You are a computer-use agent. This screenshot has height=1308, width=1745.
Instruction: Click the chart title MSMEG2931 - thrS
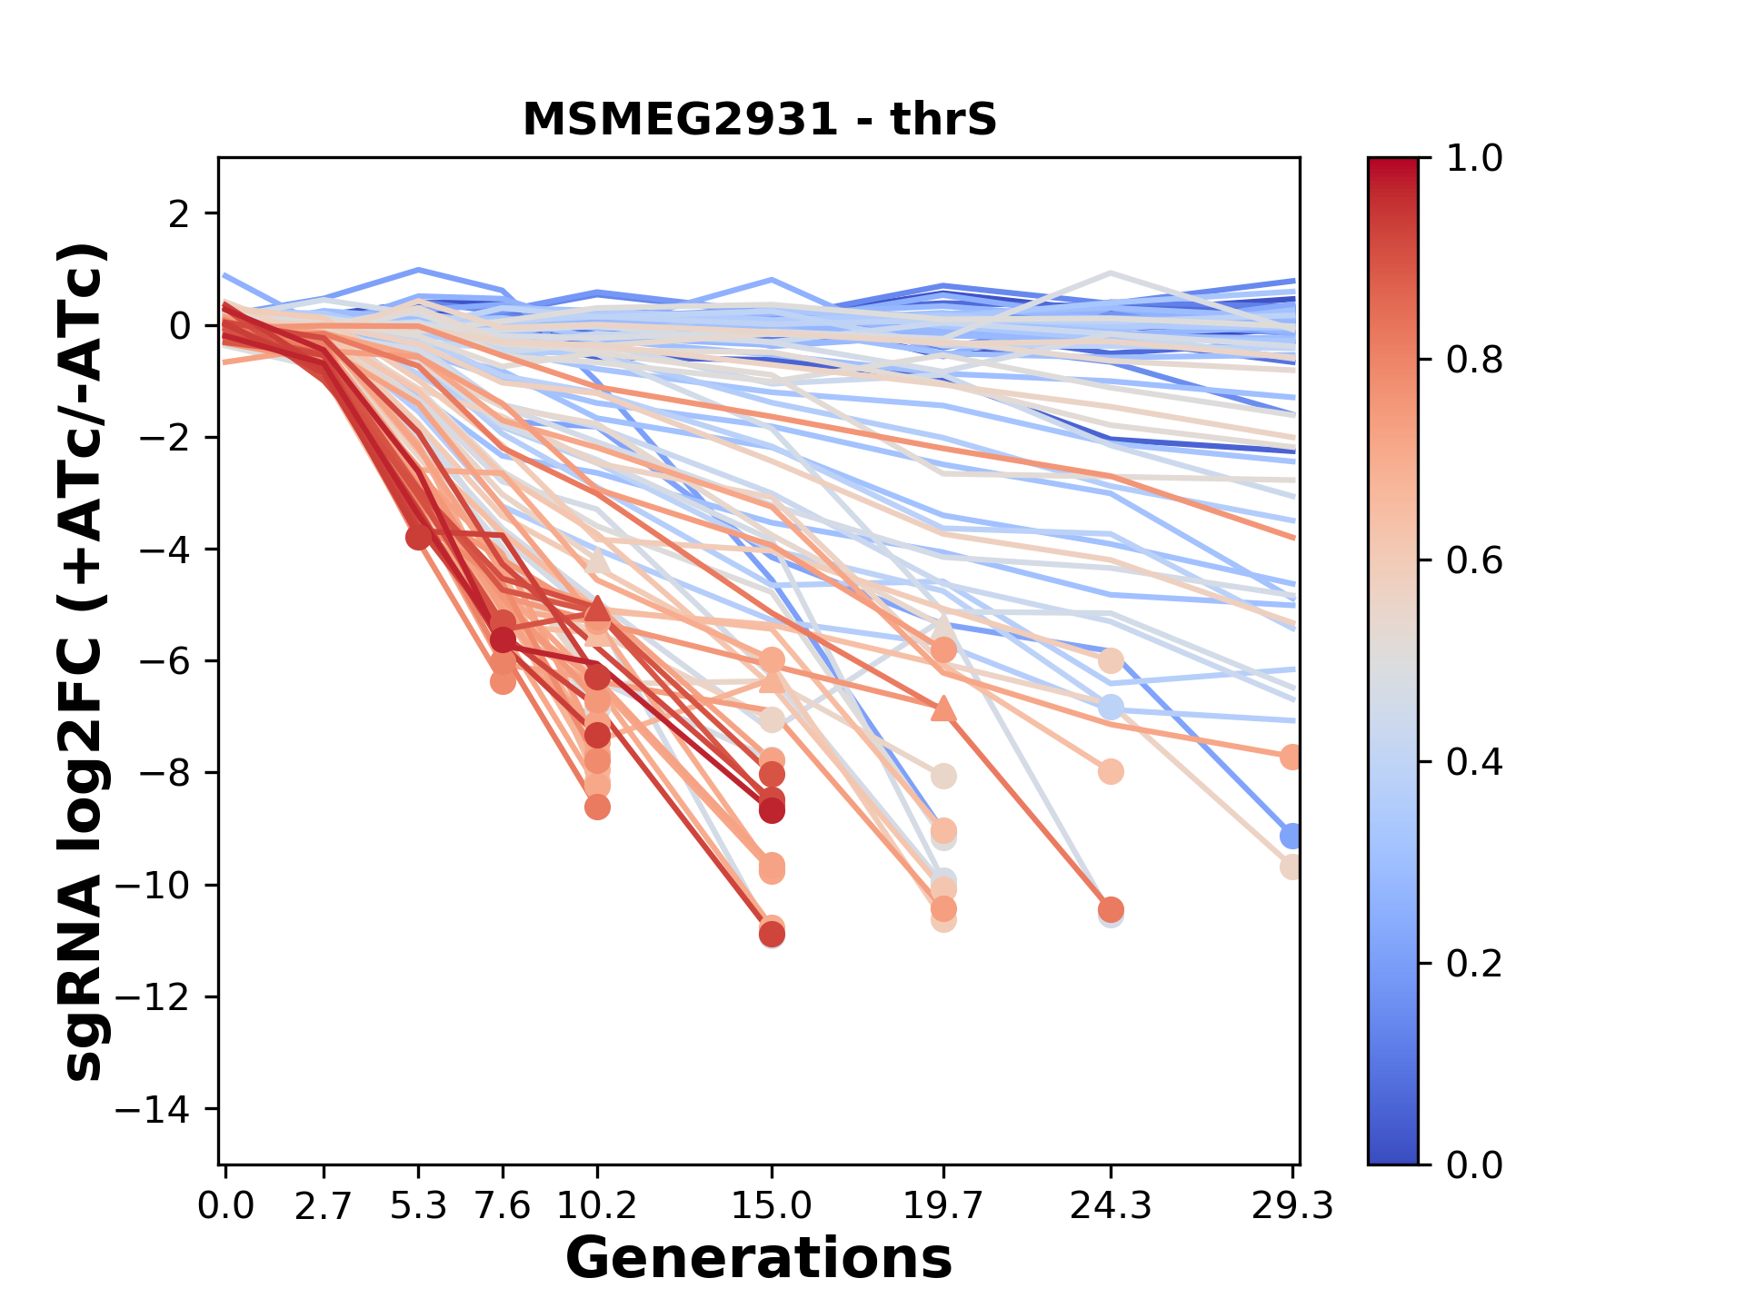(x=760, y=120)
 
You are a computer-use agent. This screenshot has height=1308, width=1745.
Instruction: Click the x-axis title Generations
(x=759, y=1259)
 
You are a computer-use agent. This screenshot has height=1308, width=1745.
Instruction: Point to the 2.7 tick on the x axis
(x=324, y=1206)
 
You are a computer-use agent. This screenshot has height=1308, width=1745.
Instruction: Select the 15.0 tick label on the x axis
(x=772, y=1206)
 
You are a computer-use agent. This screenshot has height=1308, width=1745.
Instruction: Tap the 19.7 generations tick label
(x=942, y=1206)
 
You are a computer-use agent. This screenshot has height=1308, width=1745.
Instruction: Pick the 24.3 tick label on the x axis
(x=1110, y=1206)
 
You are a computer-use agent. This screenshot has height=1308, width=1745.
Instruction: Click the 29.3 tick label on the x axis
(x=1291, y=1206)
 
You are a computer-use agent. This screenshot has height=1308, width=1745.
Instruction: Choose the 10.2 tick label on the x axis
(x=596, y=1206)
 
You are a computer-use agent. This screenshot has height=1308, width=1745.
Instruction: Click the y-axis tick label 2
(x=179, y=214)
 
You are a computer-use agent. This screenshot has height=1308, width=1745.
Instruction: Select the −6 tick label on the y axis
(x=164, y=661)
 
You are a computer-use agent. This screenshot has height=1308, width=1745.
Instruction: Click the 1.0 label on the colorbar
(x=1474, y=159)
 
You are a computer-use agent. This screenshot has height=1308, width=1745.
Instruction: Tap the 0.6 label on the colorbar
(x=1474, y=561)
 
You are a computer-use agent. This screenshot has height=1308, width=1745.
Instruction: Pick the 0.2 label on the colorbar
(x=1474, y=964)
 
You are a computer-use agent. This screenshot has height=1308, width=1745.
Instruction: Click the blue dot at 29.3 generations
(x=1291, y=836)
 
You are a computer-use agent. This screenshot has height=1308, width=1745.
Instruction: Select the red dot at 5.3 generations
(x=418, y=537)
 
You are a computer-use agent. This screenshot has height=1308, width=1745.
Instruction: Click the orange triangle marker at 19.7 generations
(x=943, y=708)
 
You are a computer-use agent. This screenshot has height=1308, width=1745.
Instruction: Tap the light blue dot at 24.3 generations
(x=1111, y=707)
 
